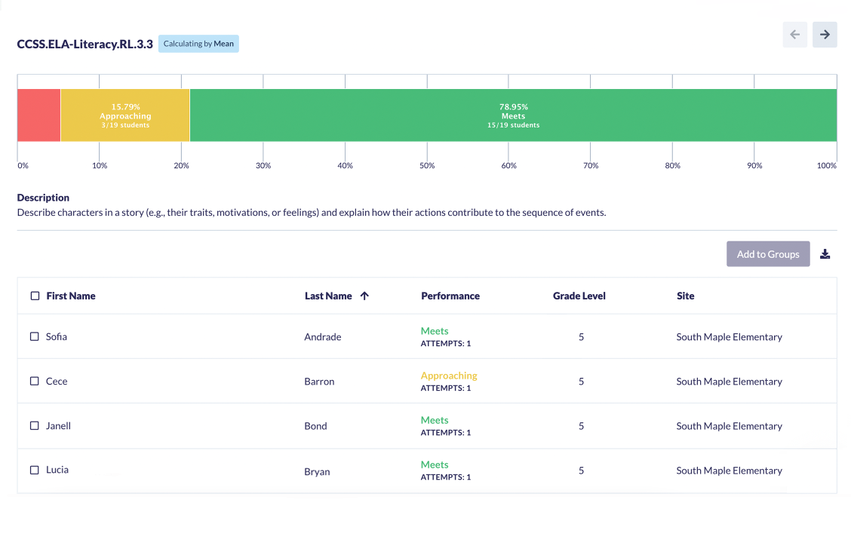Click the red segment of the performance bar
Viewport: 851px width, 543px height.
(38, 115)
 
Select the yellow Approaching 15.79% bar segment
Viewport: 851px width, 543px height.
(125, 115)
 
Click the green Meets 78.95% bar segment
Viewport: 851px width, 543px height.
(513, 115)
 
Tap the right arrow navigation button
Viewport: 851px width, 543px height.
(825, 35)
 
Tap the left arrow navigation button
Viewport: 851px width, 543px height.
(794, 35)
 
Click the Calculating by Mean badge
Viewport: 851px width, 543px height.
(198, 44)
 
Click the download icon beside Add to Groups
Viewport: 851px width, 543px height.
(825, 254)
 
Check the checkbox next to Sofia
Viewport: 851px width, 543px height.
(35, 336)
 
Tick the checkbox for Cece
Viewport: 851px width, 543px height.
(35, 381)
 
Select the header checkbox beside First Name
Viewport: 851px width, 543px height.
(35, 296)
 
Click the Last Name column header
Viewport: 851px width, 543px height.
(328, 296)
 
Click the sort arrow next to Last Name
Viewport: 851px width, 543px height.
(364, 296)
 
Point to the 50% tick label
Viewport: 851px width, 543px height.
(427, 165)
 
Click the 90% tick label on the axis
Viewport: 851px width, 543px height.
(754, 165)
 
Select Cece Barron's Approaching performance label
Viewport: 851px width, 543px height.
(449, 376)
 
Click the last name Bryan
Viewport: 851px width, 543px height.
(317, 471)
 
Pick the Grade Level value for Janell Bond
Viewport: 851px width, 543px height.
(581, 426)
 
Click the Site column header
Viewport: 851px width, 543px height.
(685, 296)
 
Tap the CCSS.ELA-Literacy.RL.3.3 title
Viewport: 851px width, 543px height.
(85, 44)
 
